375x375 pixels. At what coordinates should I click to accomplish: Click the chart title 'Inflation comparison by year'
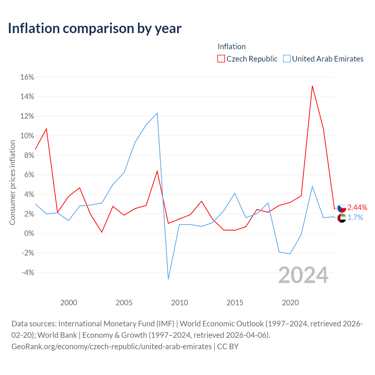pos(95,29)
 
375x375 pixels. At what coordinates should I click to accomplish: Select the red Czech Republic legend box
pos(221,59)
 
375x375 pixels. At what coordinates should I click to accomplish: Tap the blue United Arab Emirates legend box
pos(287,59)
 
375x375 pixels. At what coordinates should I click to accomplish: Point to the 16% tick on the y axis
pos(27,77)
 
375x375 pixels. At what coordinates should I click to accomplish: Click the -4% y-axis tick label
pos(28,273)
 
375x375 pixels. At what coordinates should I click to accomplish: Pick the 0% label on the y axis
pos(29,233)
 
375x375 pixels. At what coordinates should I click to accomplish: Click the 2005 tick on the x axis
pos(124,303)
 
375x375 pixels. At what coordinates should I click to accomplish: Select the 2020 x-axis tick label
pos(290,303)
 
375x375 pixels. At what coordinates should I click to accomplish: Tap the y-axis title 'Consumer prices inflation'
pos(12,182)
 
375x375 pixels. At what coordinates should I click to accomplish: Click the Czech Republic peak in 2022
pos(312,86)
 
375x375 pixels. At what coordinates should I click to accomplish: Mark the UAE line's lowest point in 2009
pos(168,279)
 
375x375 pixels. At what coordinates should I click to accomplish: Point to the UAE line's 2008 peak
pos(157,113)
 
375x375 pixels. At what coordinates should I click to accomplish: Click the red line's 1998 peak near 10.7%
pos(46,129)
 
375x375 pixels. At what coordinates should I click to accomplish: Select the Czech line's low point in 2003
pos(102,232)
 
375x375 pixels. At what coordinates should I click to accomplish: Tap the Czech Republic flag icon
pos(342,208)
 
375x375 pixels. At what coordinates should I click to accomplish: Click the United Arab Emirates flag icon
pos(342,218)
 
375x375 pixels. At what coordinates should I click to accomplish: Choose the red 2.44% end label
pos(357,208)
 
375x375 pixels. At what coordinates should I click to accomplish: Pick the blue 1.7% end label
pos(355,218)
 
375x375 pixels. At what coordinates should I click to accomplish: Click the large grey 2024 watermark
pos(304,275)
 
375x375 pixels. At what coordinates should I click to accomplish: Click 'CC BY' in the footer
pos(228,347)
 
